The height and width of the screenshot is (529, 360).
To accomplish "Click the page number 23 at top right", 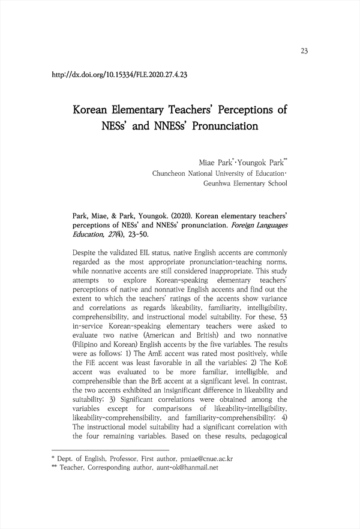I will point(304,51).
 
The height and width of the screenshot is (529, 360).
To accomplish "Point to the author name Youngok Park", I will point(262,163).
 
